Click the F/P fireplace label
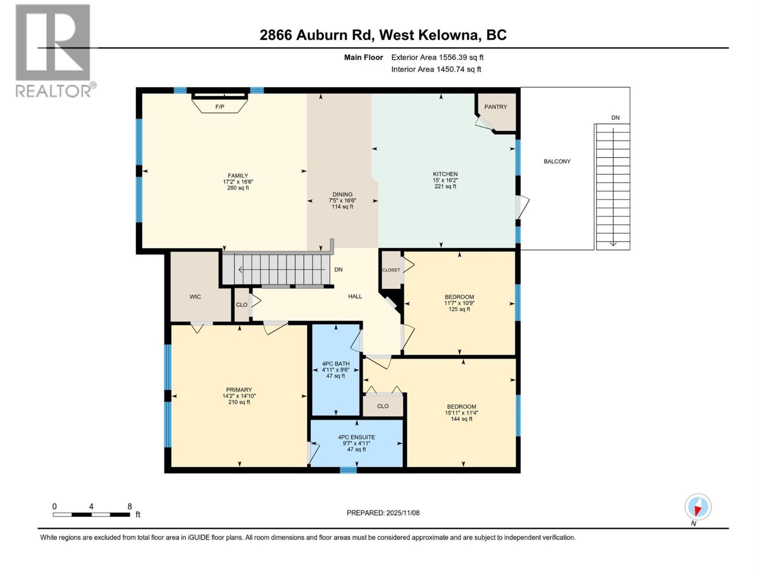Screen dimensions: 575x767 tap(220, 107)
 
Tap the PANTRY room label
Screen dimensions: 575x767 tap(495, 107)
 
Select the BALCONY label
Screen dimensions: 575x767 tap(557, 161)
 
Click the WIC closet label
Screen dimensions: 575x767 tap(195, 297)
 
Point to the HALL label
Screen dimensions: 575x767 tap(355, 297)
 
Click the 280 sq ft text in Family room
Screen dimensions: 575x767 tap(238, 188)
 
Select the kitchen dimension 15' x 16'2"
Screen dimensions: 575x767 tap(445, 180)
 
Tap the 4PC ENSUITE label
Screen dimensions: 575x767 tap(356, 437)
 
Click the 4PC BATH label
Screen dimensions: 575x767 tap(336, 364)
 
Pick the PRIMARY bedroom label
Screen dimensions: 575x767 tap(239, 390)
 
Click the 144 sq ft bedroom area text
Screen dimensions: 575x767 tap(461, 419)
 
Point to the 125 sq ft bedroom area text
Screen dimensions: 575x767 tap(459, 310)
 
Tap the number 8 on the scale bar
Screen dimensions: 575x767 tap(129, 506)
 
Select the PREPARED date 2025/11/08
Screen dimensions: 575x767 tap(383, 513)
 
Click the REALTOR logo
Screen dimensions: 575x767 tap(54, 50)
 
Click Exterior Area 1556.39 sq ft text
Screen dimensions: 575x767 tap(437, 57)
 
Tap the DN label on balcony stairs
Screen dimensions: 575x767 tap(615, 118)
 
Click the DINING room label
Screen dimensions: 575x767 tap(342, 195)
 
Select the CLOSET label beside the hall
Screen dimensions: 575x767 tap(391, 270)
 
